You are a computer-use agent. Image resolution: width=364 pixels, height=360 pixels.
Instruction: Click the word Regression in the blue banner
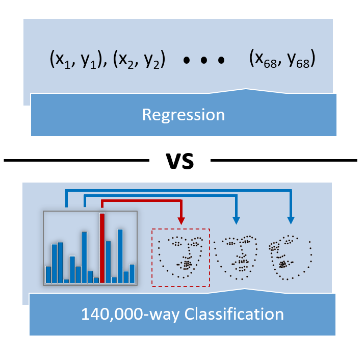(183, 115)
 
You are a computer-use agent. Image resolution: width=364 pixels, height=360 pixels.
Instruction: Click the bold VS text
(180, 161)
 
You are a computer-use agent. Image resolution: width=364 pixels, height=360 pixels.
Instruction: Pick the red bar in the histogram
(102, 248)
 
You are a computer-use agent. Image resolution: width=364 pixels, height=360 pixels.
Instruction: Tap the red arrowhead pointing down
(181, 220)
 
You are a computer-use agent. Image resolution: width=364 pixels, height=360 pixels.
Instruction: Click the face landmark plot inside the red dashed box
(180, 258)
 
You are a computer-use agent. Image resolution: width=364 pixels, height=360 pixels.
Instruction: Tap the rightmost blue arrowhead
(291, 220)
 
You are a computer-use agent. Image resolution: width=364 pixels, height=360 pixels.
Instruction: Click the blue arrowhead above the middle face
(236, 220)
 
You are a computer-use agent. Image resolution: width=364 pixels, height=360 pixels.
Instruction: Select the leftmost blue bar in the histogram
(48, 274)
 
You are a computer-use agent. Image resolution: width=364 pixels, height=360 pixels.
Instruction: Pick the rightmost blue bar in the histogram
(133, 273)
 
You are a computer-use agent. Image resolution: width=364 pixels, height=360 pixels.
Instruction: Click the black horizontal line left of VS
(76, 161)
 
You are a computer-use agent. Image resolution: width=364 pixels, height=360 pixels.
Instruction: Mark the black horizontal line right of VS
(283, 161)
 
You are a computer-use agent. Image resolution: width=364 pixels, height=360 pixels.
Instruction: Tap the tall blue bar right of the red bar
(120, 256)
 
